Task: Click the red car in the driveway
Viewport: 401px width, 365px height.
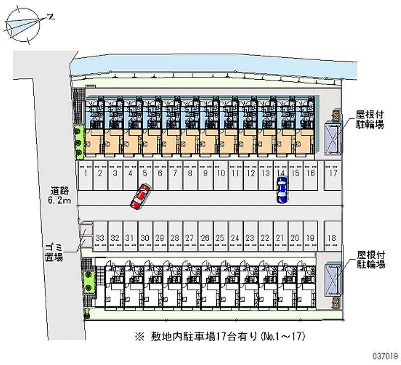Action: point(141,196)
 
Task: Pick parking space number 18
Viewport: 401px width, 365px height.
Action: point(332,237)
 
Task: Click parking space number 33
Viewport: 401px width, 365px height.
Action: point(100,237)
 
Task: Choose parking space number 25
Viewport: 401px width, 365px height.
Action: point(220,237)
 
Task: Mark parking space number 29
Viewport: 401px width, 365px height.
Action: point(160,237)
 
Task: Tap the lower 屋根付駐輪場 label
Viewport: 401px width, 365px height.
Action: point(370,259)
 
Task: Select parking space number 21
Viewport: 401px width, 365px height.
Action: point(280,237)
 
